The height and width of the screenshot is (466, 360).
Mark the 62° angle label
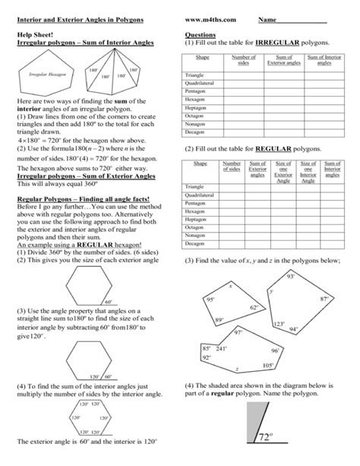pos(254,307)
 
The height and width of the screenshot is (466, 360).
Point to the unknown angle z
pos(237,369)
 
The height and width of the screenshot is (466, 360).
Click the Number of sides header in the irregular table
pos(242,60)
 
